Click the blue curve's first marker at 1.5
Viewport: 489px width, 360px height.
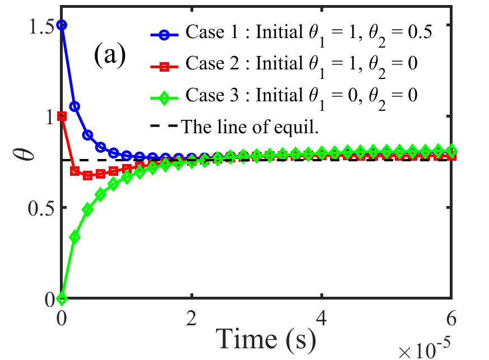pos(62,25)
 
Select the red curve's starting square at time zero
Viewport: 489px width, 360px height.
pos(62,116)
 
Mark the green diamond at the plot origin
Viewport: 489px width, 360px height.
pos(62,298)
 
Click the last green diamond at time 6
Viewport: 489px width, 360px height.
pos(451,150)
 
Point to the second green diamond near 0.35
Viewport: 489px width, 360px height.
pos(74,237)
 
